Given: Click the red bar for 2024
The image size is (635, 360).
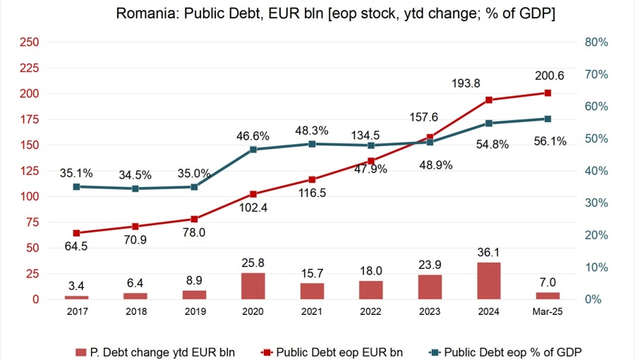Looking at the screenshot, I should pos(488,281).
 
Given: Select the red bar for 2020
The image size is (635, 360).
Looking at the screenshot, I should pos(253,286).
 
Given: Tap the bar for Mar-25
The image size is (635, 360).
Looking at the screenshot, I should pos(547,296).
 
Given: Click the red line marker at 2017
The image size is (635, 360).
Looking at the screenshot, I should pos(77,233).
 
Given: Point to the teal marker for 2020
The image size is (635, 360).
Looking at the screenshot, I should pos(253,150).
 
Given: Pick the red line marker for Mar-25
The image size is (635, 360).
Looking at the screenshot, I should pos(547,93).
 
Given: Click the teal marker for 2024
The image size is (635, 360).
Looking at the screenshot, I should pos(488,124).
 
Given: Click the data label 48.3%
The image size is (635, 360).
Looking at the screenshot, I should pos(311,130).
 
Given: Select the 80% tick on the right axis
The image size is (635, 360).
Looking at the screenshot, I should pos(597,42).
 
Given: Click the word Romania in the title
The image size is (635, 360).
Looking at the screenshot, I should pos(141,13).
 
